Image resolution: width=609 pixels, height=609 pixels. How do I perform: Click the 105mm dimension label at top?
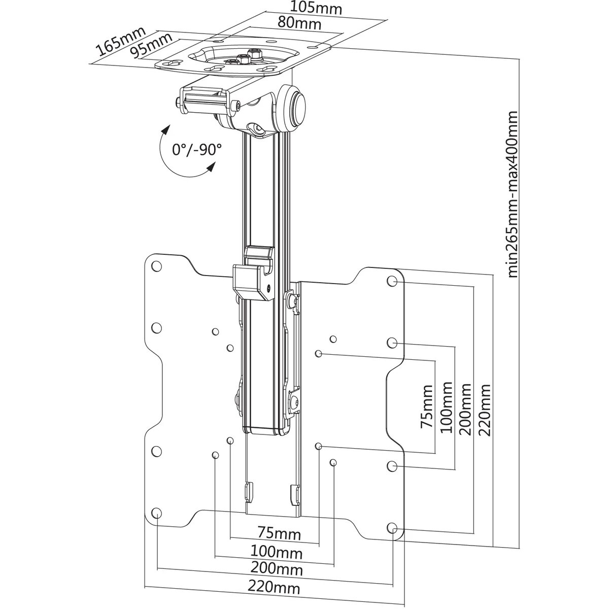point(316,9)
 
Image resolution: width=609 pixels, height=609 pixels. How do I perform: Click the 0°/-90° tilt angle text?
point(197,150)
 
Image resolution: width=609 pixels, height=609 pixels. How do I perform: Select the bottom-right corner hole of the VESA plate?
point(392,528)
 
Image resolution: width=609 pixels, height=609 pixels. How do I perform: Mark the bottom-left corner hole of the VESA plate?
point(157,512)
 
